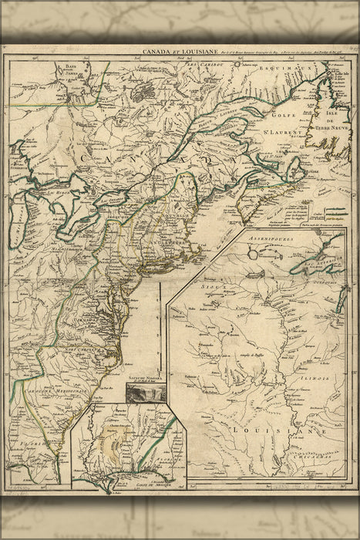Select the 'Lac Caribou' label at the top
tap(200, 60)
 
